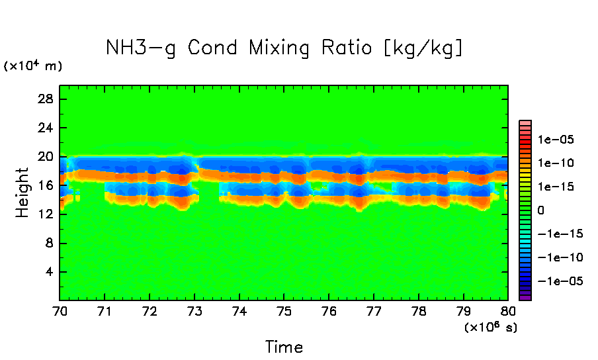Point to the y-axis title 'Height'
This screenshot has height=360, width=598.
click(x=23, y=193)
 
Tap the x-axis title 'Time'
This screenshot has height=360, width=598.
click(x=284, y=347)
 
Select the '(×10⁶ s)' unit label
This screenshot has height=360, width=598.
click(x=490, y=327)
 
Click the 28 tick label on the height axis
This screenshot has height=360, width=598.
click(x=46, y=99)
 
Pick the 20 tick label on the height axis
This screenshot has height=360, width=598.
click(x=46, y=157)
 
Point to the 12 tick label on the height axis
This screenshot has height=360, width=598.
click(x=46, y=214)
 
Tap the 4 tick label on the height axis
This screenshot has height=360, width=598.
click(x=50, y=272)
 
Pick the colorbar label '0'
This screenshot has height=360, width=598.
click(x=541, y=210)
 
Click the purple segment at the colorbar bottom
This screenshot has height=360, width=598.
click(x=525, y=298)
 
